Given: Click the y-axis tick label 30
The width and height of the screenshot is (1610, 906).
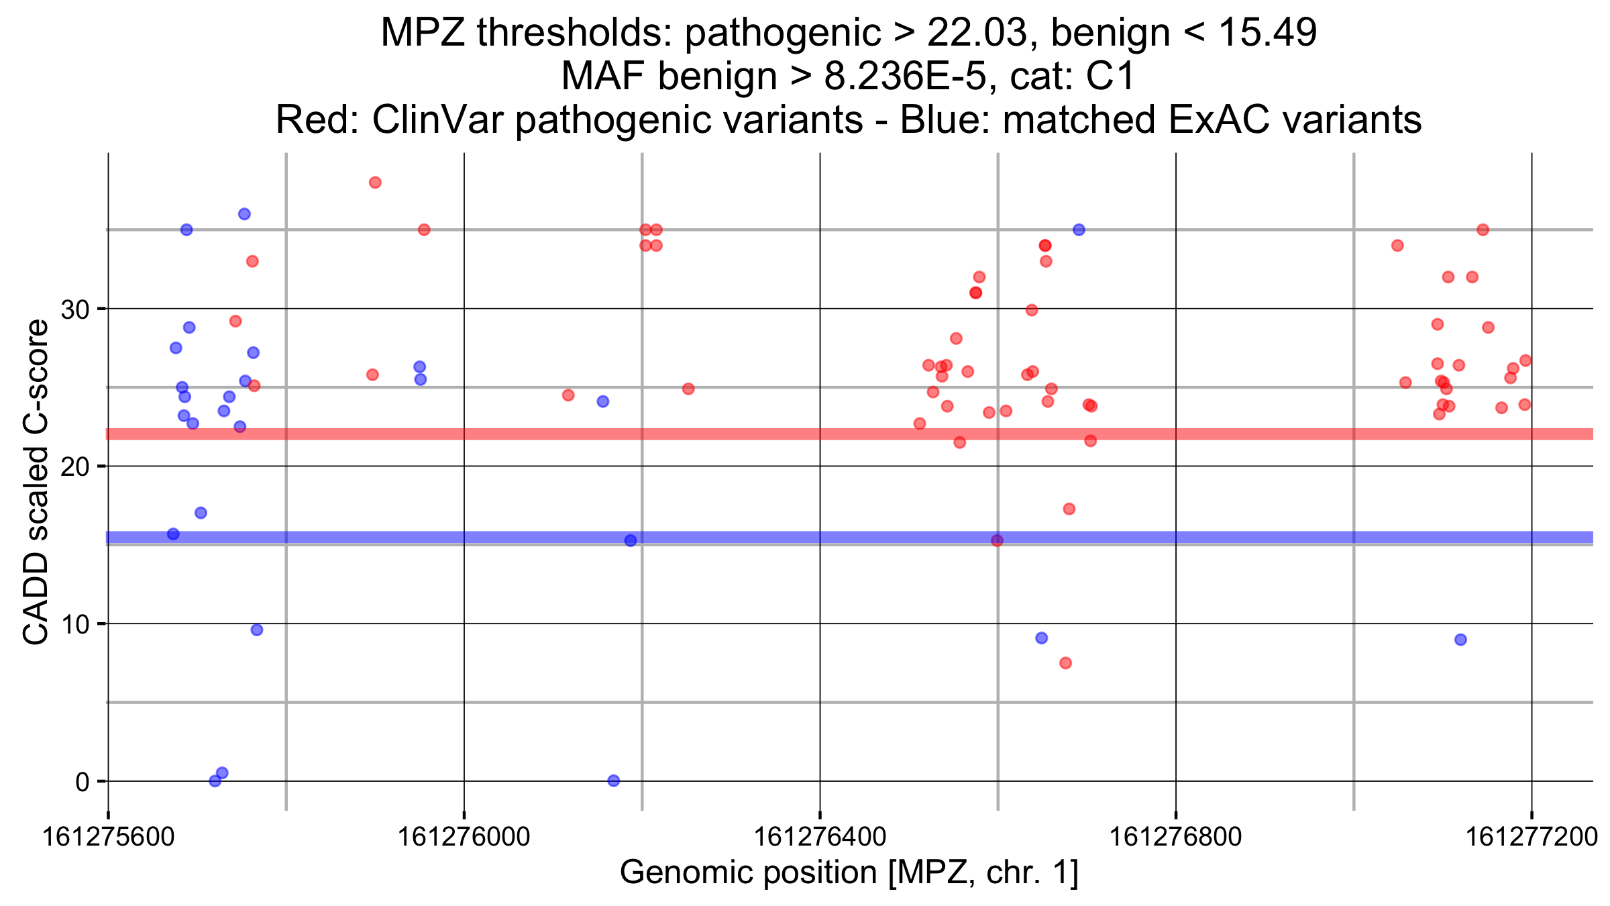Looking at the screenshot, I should (x=74, y=309).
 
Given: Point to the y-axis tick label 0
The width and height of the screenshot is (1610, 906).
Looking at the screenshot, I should (x=82, y=782).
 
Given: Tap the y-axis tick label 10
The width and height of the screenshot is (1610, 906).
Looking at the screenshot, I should (x=74, y=624).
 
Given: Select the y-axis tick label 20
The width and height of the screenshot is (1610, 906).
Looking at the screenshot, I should (x=74, y=467).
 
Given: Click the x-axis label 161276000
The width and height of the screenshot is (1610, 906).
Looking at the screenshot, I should (x=464, y=837).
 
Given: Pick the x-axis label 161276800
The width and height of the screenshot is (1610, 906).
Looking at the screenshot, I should (x=1175, y=837).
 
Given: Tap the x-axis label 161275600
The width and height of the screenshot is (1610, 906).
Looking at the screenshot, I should (x=108, y=837).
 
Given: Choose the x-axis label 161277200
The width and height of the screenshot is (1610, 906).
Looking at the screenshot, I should (x=1531, y=837).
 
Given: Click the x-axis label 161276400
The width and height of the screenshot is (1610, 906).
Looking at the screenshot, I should (x=820, y=837).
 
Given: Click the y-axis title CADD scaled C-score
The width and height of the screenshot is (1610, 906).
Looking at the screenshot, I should (x=36, y=482).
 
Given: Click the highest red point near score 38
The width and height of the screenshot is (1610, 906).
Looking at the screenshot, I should (x=375, y=183).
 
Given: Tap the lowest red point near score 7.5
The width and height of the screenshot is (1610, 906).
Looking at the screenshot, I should (x=1065, y=663).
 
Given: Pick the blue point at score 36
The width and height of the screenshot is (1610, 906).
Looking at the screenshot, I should (x=244, y=214).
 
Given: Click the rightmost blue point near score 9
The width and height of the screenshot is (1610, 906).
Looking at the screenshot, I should (x=1460, y=640).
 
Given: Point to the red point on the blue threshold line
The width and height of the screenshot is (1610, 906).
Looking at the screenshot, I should (x=997, y=540).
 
